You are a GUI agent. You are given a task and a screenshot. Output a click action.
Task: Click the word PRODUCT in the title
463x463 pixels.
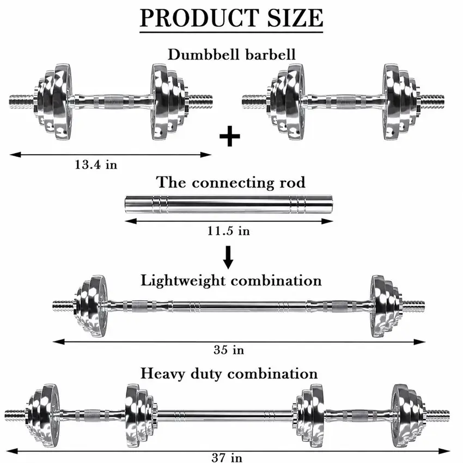click(199, 18)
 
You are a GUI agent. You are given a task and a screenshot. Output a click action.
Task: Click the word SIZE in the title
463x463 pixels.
click(295, 18)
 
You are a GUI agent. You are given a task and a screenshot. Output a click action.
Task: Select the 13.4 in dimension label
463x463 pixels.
click(96, 165)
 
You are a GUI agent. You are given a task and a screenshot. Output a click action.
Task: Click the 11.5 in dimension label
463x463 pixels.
click(229, 230)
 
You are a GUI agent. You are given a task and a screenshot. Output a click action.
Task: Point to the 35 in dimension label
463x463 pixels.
click(229, 350)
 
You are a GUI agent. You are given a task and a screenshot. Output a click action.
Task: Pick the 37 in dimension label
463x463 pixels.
click(227, 458)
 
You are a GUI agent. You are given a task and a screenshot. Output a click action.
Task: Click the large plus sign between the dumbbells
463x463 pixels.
click(230, 136)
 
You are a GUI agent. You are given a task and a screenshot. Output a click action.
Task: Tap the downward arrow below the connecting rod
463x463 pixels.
click(228, 257)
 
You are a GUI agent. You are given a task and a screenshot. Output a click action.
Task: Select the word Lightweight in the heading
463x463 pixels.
click(183, 281)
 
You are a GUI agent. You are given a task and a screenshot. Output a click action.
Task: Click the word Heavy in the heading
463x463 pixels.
click(163, 374)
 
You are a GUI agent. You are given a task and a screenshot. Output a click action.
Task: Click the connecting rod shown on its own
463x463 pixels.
click(229, 204)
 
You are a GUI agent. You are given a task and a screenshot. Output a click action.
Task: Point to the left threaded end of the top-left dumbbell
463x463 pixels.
click(22, 101)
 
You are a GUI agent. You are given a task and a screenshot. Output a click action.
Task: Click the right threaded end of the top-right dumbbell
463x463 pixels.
click(432, 101)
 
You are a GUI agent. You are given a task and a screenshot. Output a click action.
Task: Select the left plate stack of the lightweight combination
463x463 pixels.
click(90, 306)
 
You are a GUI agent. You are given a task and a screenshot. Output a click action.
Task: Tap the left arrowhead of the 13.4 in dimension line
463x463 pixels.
click(15, 155)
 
